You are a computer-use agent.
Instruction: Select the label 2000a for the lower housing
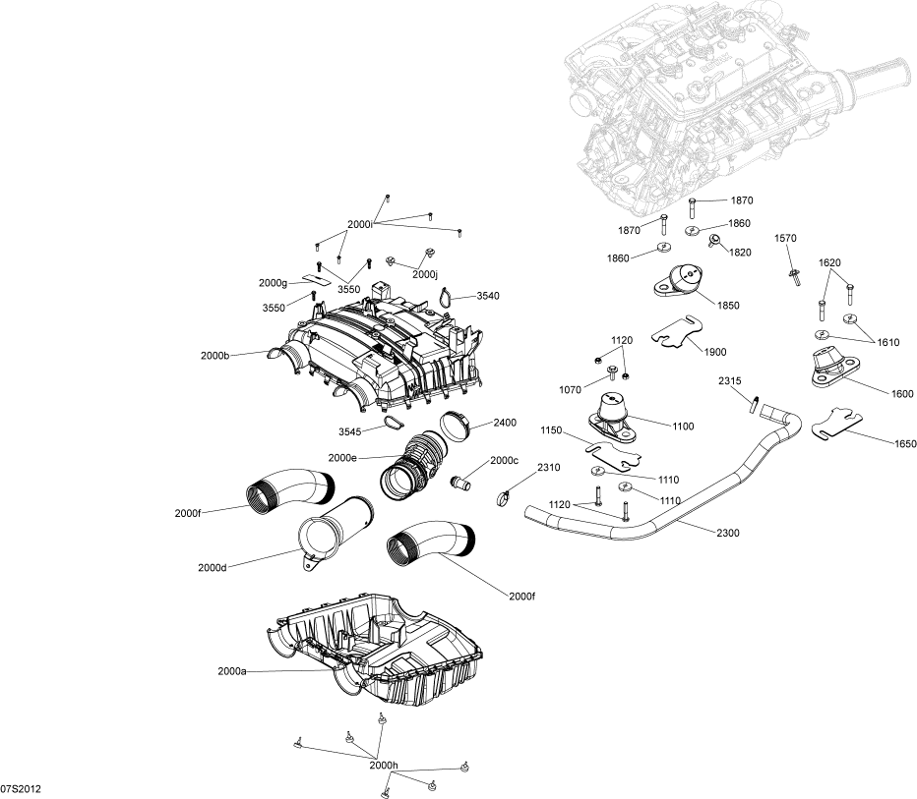(232, 671)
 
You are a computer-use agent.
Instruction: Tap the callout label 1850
(728, 306)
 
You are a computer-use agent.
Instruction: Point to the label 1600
(902, 394)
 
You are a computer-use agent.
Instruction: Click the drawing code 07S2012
(21, 789)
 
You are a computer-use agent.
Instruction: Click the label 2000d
(213, 567)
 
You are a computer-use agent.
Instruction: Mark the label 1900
(715, 351)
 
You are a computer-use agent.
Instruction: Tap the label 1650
(905, 444)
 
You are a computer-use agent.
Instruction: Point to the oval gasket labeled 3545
(391, 423)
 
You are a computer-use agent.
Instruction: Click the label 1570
(785, 239)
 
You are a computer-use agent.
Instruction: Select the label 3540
(488, 296)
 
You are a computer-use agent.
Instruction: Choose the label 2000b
(214, 355)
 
